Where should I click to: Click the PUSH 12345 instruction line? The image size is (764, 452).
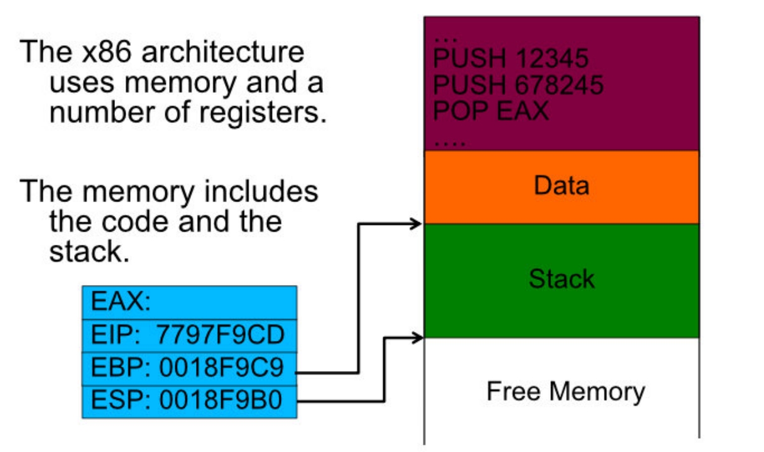coord(511,58)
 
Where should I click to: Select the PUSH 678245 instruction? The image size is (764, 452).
coord(518,85)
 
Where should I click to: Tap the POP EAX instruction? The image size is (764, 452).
coord(491,110)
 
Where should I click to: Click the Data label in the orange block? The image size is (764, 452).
coord(561,185)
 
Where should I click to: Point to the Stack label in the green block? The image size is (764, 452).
coord(561,278)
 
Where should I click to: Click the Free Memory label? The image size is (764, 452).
coord(565,391)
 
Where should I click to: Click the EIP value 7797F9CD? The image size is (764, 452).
coord(221,336)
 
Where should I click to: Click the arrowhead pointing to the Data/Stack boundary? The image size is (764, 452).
coord(417,223)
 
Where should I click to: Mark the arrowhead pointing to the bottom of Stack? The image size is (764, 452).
coord(417,338)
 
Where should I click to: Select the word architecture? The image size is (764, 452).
coord(222,51)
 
